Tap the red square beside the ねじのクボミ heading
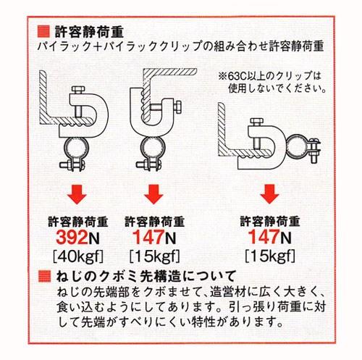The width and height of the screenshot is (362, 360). point(44,275)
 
